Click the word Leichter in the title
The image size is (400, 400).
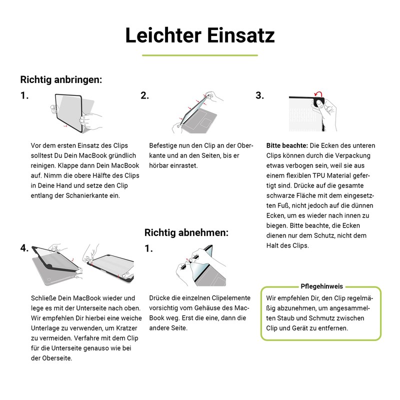163,35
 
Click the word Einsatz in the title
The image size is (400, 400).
241,35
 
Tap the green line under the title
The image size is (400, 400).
200,55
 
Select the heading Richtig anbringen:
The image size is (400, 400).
61,79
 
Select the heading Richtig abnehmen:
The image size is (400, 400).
186,232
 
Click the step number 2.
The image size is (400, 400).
144,95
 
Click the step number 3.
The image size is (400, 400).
259,95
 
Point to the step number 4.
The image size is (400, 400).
24,248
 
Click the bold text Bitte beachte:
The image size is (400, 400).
287,145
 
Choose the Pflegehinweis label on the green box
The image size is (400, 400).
321,286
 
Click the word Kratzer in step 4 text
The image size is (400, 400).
127,328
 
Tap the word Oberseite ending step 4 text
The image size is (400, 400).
56,358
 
